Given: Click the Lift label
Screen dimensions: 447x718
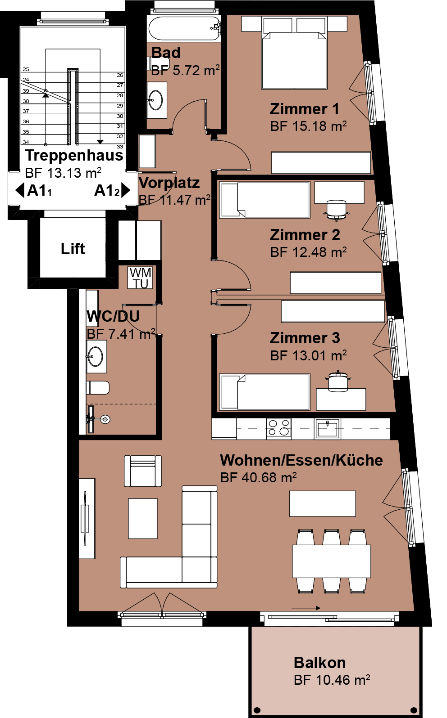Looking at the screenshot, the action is [73, 249].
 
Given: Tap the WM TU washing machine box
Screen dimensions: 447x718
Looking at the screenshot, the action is [140, 278].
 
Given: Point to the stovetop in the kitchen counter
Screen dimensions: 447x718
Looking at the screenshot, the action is [279, 428].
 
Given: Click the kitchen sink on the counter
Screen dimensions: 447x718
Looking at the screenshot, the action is [327, 428].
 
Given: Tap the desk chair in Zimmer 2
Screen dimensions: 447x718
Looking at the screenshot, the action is [336, 210].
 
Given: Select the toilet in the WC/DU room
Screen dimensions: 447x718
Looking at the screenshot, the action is [98, 387].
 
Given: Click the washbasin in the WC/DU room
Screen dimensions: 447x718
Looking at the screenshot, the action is [96, 356].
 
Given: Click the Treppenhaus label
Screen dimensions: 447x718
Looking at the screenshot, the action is [74, 156].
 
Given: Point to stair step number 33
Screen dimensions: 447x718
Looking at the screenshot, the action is [120, 147].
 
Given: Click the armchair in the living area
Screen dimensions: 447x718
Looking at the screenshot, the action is [143, 471].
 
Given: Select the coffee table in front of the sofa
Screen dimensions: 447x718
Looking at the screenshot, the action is [143, 518].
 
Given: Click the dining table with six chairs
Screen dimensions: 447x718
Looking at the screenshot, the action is [331, 561].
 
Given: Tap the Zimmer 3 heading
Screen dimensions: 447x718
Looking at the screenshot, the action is [305, 338].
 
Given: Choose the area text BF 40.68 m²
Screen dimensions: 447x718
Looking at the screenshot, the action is [259, 477].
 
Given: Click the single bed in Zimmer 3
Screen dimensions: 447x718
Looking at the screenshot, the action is [265, 392].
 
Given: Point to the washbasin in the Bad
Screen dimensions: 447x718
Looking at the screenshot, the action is [156, 100].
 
